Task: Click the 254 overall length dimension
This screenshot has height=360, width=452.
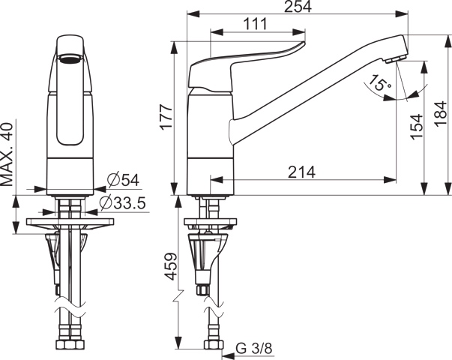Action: pos(298,7)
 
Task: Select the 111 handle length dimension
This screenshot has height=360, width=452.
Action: pos(256,24)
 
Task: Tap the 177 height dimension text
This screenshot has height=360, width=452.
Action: pos(166,118)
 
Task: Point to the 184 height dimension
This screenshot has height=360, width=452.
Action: pos(442,113)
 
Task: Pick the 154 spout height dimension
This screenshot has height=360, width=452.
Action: pos(417,127)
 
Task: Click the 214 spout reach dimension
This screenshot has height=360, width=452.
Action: pos(302,172)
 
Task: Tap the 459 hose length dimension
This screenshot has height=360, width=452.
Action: pos(171,266)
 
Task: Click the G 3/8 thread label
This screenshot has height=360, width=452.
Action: pos(253,349)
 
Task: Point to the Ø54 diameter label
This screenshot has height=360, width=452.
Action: pos(123,180)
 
